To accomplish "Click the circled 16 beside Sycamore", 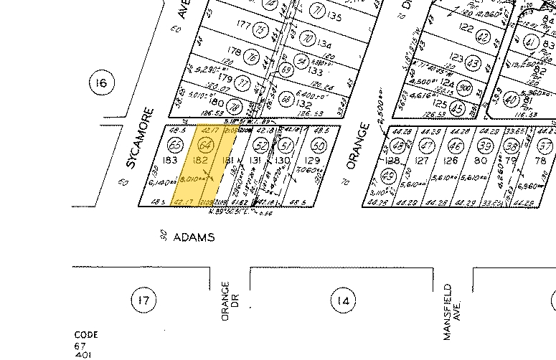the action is pos(100,84).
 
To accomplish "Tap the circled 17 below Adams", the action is pos(141,299).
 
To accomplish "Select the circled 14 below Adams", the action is pos(344,300).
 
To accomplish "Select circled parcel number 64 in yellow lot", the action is pos(206,146).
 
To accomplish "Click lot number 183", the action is pos(170,160).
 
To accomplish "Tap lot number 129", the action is pos(313,161).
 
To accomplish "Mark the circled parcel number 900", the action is pos(467,87).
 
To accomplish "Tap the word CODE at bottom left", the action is pos(86,335).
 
